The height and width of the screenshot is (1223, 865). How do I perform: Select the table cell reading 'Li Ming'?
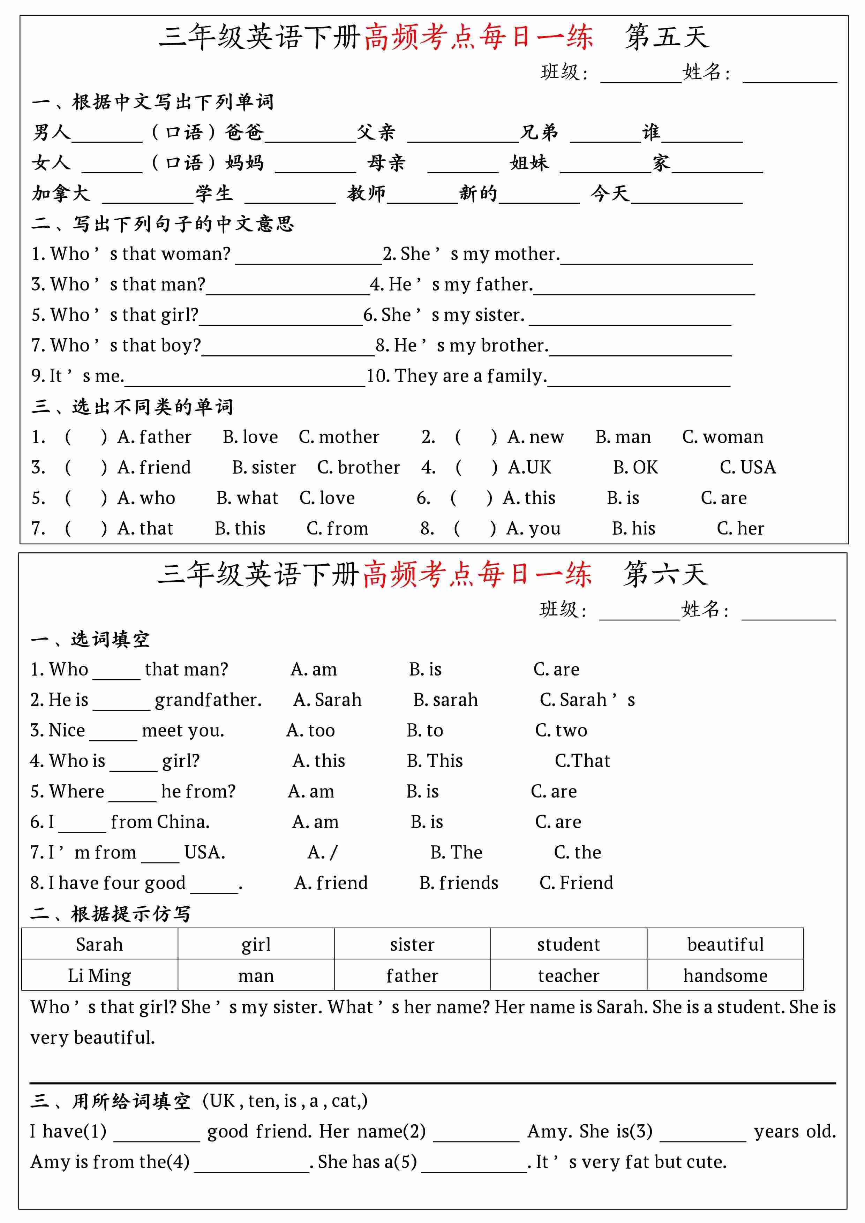[x=100, y=976]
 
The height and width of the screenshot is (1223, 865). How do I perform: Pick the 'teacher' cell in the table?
[x=568, y=976]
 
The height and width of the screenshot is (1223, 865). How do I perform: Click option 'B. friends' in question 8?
[x=459, y=883]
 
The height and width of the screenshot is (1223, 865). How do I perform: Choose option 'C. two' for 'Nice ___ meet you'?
[x=561, y=730]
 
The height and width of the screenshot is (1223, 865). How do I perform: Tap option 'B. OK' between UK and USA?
[x=635, y=468]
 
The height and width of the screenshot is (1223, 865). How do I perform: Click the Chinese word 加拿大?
[x=61, y=193]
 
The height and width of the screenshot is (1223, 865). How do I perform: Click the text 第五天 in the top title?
[x=666, y=38]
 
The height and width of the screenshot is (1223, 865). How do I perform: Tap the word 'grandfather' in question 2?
[x=208, y=700]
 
